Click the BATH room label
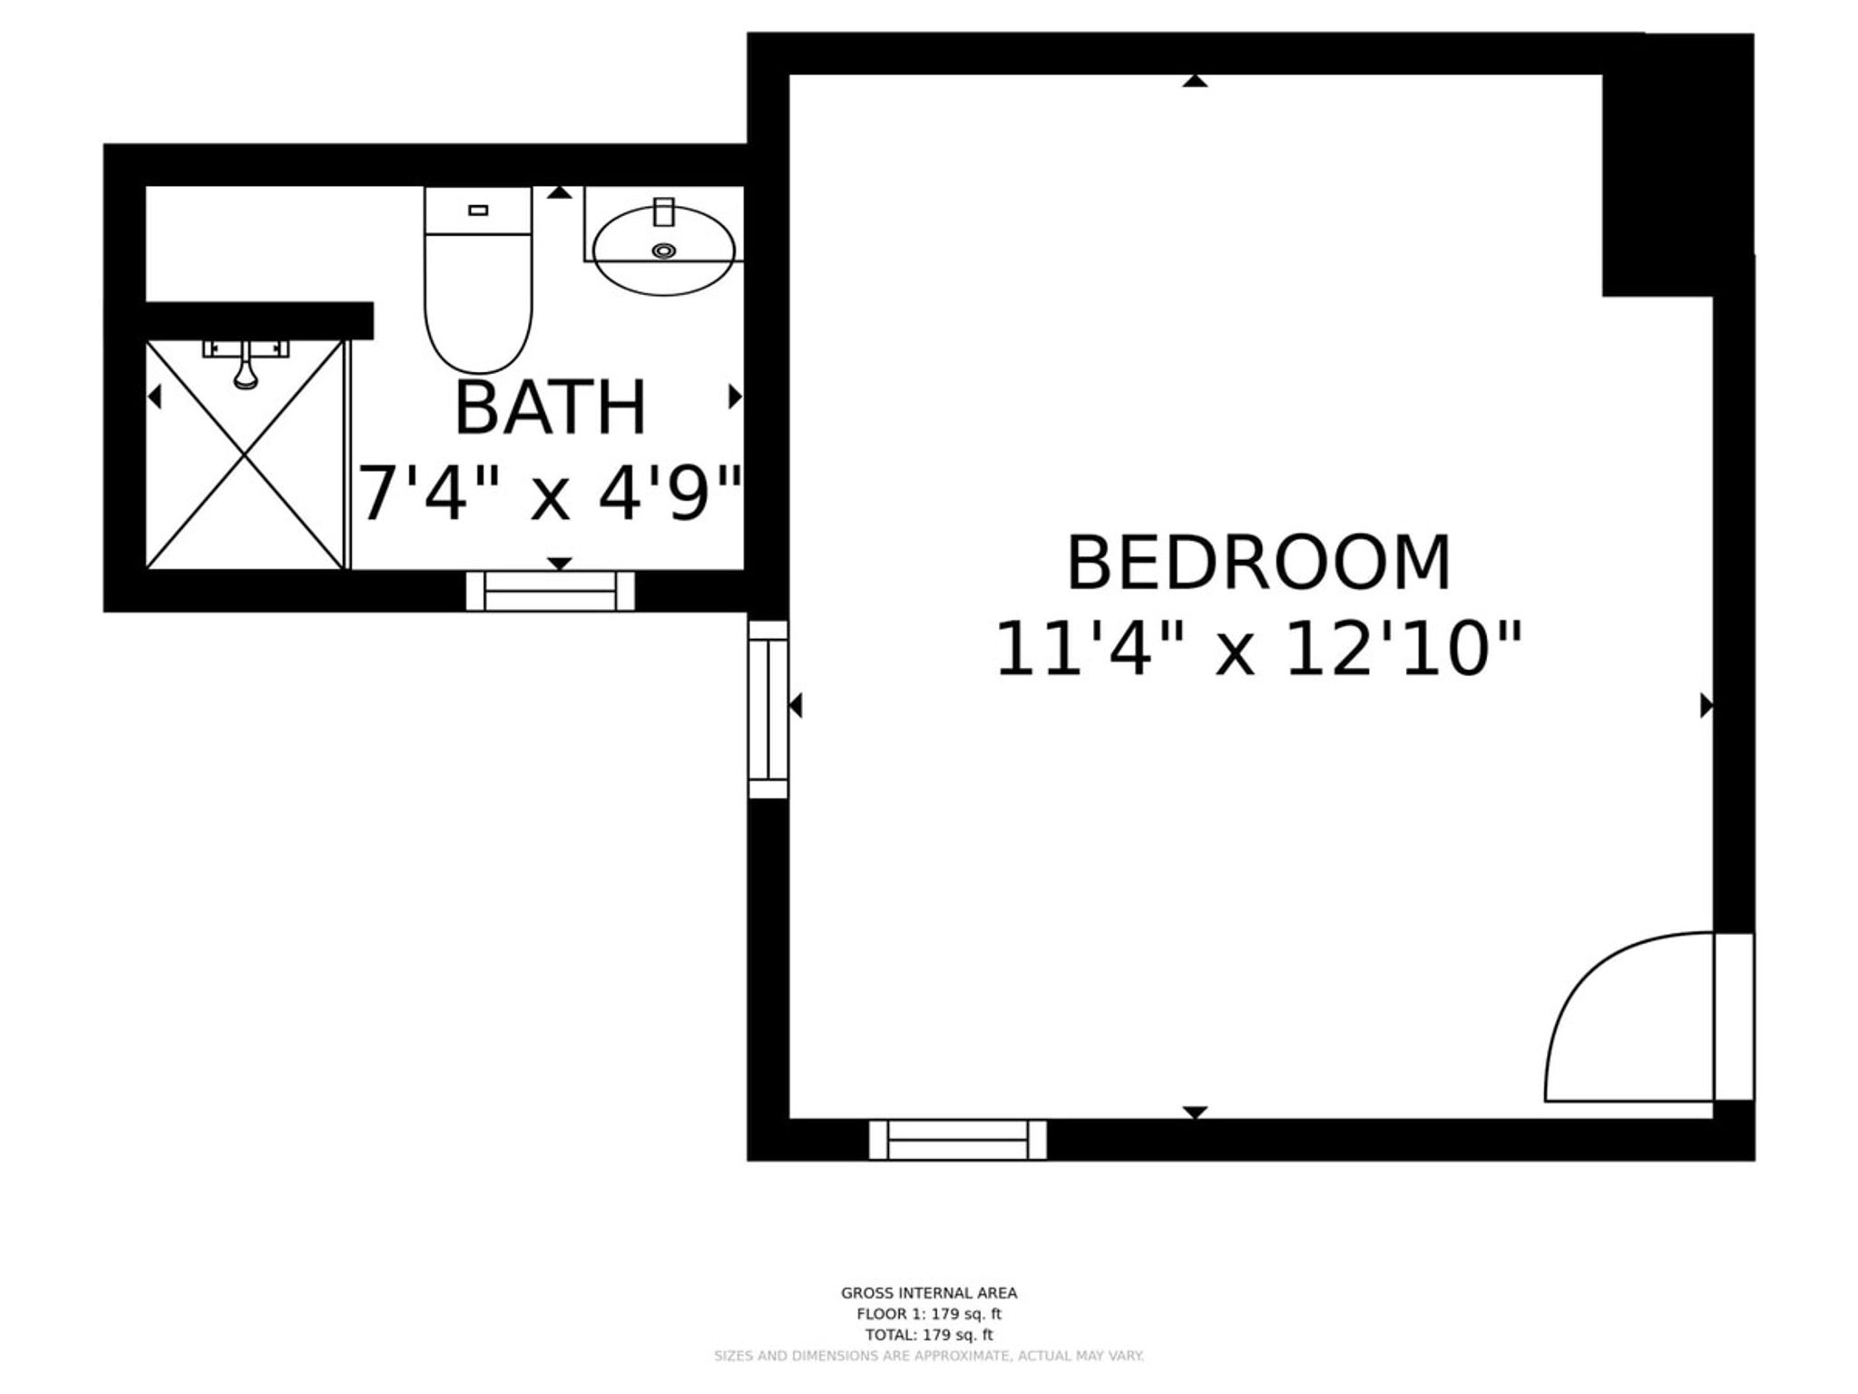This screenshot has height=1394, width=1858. click(x=550, y=408)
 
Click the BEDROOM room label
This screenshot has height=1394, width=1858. click(x=1258, y=563)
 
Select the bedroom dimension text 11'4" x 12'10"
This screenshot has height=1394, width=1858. click(x=1258, y=649)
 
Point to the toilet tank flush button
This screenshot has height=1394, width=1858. click(x=478, y=211)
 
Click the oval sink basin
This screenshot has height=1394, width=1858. click(x=663, y=250)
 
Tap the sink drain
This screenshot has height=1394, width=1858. click(x=664, y=250)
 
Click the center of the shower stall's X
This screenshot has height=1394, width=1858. click(x=245, y=455)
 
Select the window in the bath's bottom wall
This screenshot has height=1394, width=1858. click(x=551, y=591)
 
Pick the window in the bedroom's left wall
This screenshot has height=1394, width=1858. click(x=768, y=709)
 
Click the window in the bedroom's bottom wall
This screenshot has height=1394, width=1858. click(x=957, y=1139)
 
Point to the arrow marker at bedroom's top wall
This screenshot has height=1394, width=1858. click(x=1195, y=81)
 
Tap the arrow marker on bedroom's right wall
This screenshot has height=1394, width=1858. click(x=1706, y=705)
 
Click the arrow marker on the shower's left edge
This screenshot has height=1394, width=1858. click(x=154, y=397)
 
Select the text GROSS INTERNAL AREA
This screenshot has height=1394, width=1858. click(x=929, y=1293)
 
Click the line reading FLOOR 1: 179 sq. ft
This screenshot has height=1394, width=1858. click(x=929, y=1314)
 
